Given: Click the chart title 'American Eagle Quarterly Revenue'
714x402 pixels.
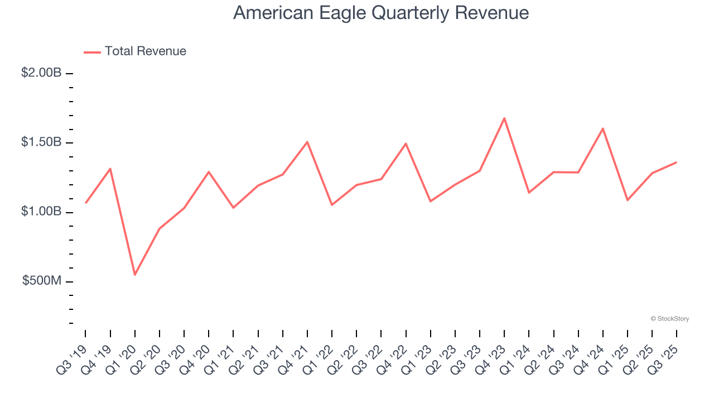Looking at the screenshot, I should pyautogui.click(x=380, y=12).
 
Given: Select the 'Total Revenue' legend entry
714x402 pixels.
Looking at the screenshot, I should pyautogui.click(x=145, y=51).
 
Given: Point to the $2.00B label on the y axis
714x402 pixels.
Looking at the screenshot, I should pyautogui.click(x=41, y=73).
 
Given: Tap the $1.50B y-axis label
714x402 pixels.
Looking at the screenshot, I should pyautogui.click(x=41, y=142).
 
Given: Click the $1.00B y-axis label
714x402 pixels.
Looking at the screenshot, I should pyautogui.click(x=41, y=212).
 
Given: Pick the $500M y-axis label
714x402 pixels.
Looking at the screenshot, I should pyautogui.click(x=42, y=281).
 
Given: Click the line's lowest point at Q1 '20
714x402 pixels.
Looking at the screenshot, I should pyautogui.click(x=135, y=275).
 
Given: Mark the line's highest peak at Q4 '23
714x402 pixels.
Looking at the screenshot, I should pyautogui.click(x=504, y=118).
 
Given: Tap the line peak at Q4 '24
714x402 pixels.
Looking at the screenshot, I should pyautogui.click(x=603, y=128).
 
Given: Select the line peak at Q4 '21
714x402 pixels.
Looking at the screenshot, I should pyautogui.click(x=307, y=142).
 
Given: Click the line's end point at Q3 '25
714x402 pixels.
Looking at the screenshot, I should pyautogui.click(x=677, y=162).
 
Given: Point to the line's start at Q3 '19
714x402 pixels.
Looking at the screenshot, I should pyautogui.click(x=85, y=203).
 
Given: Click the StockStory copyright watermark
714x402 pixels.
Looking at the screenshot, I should pyautogui.click(x=669, y=319).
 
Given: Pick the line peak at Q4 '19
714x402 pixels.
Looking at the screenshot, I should pyautogui.click(x=110, y=169).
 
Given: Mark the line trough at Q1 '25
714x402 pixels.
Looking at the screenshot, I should pyautogui.click(x=628, y=200).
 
